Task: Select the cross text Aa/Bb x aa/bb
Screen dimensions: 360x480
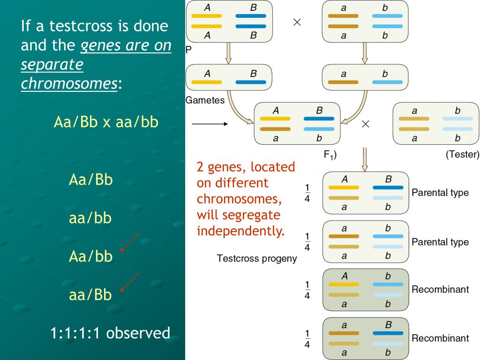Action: (106, 122)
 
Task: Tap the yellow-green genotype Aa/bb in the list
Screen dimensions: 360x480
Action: (90, 256)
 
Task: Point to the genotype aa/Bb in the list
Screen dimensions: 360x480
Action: (90, 295)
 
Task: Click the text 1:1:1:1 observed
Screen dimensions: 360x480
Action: (110, 333)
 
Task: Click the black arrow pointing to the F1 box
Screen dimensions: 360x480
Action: (210, 124)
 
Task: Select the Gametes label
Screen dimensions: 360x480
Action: (205, 100)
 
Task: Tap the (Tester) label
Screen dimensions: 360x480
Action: (462, 154)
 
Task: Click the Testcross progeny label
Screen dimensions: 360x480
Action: (257, 258)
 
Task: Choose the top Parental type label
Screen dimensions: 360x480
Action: (440, 193)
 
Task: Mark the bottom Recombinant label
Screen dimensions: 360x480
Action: (440, 338)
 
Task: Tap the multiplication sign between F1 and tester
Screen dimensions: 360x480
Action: (366, 124)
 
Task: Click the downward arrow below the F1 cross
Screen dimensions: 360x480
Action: (365, 159)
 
